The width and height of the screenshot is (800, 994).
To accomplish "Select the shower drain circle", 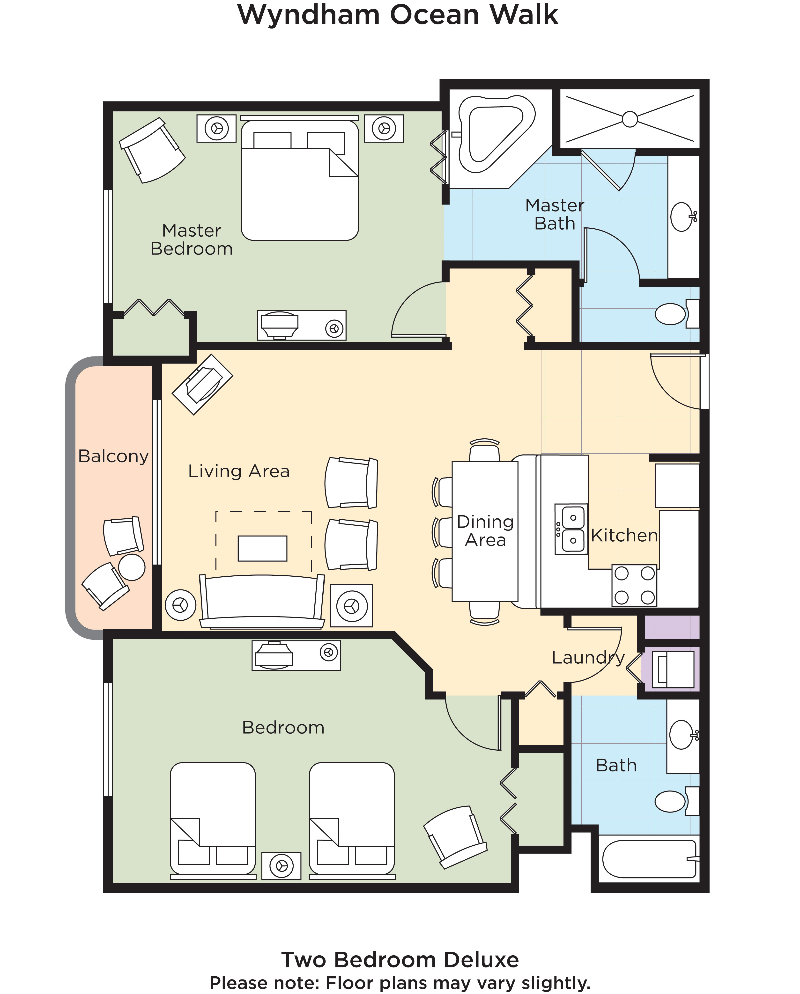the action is (x=630, y=119).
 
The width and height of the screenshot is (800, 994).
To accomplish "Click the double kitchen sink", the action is (x=571, y=529).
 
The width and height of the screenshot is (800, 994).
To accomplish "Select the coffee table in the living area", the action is (x=262, y=548).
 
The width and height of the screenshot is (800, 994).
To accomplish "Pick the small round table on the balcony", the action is (x=132, y=567).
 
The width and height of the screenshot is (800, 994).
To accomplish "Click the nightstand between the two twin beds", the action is (x=281, y=866).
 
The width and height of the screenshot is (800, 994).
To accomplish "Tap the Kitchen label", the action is (x=624, y=535).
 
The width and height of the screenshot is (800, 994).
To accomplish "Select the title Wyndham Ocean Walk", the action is (x=398, y=15).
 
